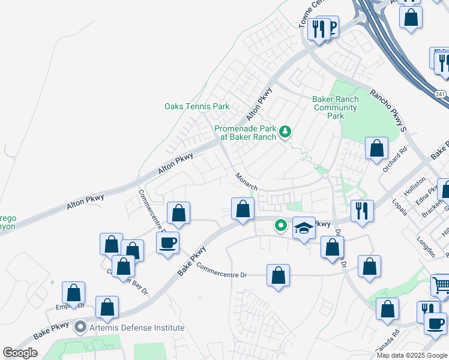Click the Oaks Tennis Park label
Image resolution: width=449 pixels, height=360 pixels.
(197, 106)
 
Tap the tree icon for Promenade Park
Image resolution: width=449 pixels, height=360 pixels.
(286, 131)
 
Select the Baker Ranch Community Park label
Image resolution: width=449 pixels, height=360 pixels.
(335, 107)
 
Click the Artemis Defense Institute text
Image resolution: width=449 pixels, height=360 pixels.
(137, 328)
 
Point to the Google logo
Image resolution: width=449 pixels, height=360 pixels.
(20, 353)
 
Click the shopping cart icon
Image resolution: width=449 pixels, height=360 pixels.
(441, 284)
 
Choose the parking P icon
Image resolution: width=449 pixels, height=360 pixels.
(331, 25)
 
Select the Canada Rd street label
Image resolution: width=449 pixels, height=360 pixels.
(388, 343)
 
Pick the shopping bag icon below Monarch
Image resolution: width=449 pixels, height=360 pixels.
(243, 209)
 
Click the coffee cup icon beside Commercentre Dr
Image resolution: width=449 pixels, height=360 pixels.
(167, 242)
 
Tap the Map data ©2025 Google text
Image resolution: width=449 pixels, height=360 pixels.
(411, 355)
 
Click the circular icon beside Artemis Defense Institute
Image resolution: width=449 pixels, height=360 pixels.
(80, 328)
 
